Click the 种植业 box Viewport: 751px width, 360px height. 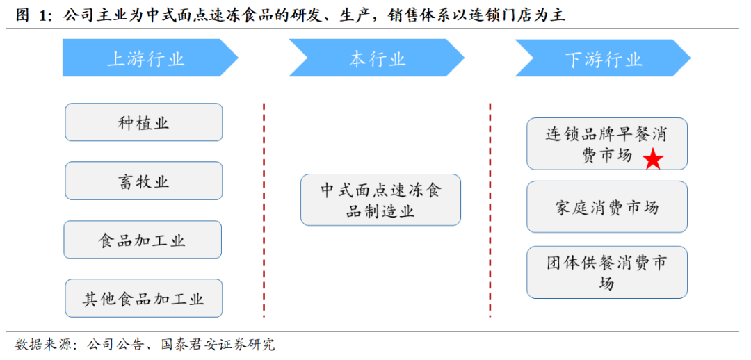click(x=144, y=122)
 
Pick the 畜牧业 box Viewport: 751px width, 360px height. click(x=144, y=181)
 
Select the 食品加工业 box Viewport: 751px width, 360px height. click(x=143, y=240)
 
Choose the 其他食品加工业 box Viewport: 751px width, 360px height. click(x=144, y=298)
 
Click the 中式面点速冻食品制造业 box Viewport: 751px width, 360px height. click(x=381, y=199)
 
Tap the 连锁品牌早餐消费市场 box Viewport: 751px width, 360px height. click(x=607, y=144)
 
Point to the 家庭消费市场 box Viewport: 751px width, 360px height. click(x=607, y=207)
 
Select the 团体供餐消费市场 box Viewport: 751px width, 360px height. click(x=607, y=272)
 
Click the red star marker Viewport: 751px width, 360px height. click(x=653, y=159)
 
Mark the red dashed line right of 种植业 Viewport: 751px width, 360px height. click(x=264, y=210)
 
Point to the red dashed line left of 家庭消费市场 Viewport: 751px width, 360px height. click(x=490, y=210)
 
